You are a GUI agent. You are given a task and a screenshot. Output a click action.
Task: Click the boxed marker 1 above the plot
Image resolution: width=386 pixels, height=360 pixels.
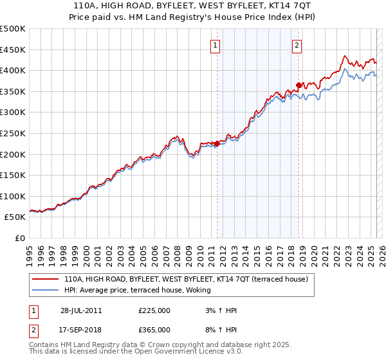click(x=214, y=45)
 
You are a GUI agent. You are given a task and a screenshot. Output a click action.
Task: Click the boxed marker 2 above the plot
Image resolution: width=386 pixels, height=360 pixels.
click(x=297, y=45)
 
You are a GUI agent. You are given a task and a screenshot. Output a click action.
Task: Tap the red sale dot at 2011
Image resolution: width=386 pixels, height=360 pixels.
click(x=217, y=144)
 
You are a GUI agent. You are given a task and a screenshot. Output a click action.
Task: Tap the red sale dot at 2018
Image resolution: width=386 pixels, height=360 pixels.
click(x=299, y=85)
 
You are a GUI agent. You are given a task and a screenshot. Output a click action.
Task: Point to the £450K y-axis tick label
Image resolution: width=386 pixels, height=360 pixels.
click(x=14, y=50)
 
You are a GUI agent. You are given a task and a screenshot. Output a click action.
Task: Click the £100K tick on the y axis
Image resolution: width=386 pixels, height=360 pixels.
click(x=14, y=196)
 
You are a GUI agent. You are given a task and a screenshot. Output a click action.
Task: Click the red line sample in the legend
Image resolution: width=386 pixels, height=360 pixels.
click(x=46, y=280)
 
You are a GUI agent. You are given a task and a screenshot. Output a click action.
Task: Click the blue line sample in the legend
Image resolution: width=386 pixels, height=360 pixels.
click(x=46, y=291)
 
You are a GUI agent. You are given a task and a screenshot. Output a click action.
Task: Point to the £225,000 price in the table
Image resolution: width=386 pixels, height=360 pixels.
click(x=154, y=310)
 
